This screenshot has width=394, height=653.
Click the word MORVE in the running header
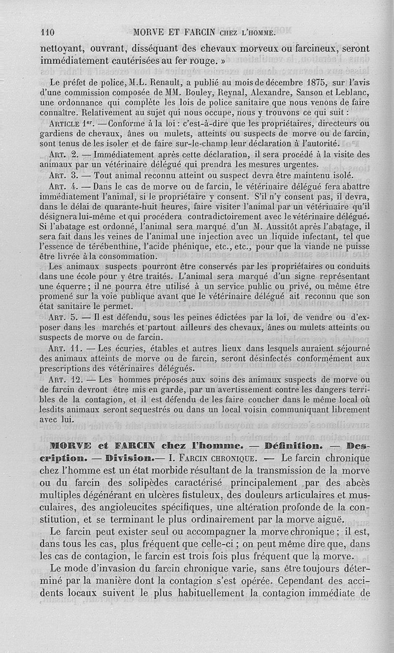pos(150,33)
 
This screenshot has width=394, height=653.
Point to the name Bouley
pos(198,93)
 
